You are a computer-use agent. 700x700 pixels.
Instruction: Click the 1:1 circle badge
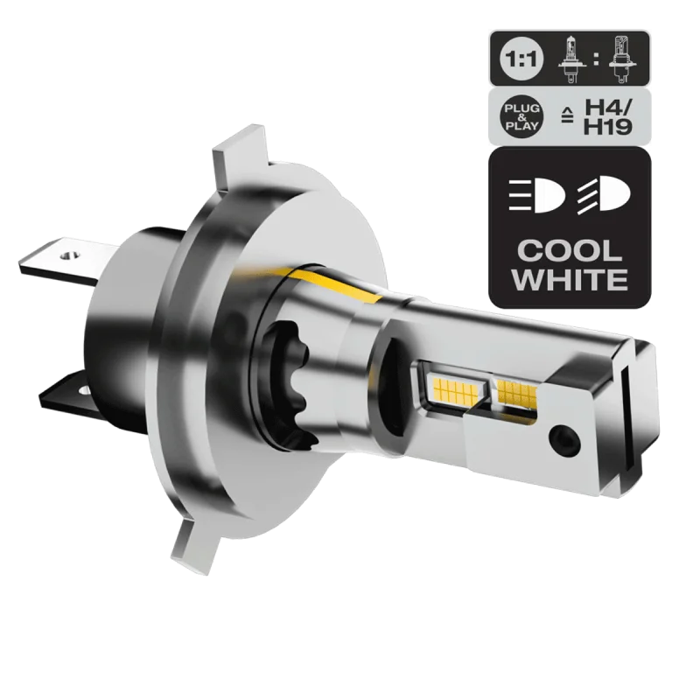coord(521,59)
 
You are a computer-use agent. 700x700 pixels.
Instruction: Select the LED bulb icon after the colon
coord(621,59)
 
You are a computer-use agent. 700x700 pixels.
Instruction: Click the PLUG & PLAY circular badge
coord(521,117)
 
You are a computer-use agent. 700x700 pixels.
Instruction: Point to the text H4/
coord(609,107)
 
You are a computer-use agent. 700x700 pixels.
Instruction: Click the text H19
coord(608,127)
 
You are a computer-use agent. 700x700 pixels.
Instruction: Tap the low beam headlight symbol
coord(535,194)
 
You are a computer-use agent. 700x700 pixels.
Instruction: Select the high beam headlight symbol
coord(604,194)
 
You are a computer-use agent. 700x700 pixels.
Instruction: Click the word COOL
coord(570,251)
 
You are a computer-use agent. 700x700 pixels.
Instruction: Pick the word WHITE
coord(570,280)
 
